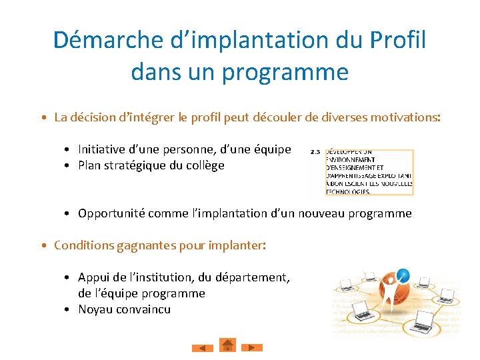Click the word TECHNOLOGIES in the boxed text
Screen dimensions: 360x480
tap(348, 191)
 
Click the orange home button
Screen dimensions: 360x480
tap(228, 345)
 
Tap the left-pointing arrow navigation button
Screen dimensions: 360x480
tap(203, 347)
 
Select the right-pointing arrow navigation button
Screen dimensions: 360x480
tap(252, 347)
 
